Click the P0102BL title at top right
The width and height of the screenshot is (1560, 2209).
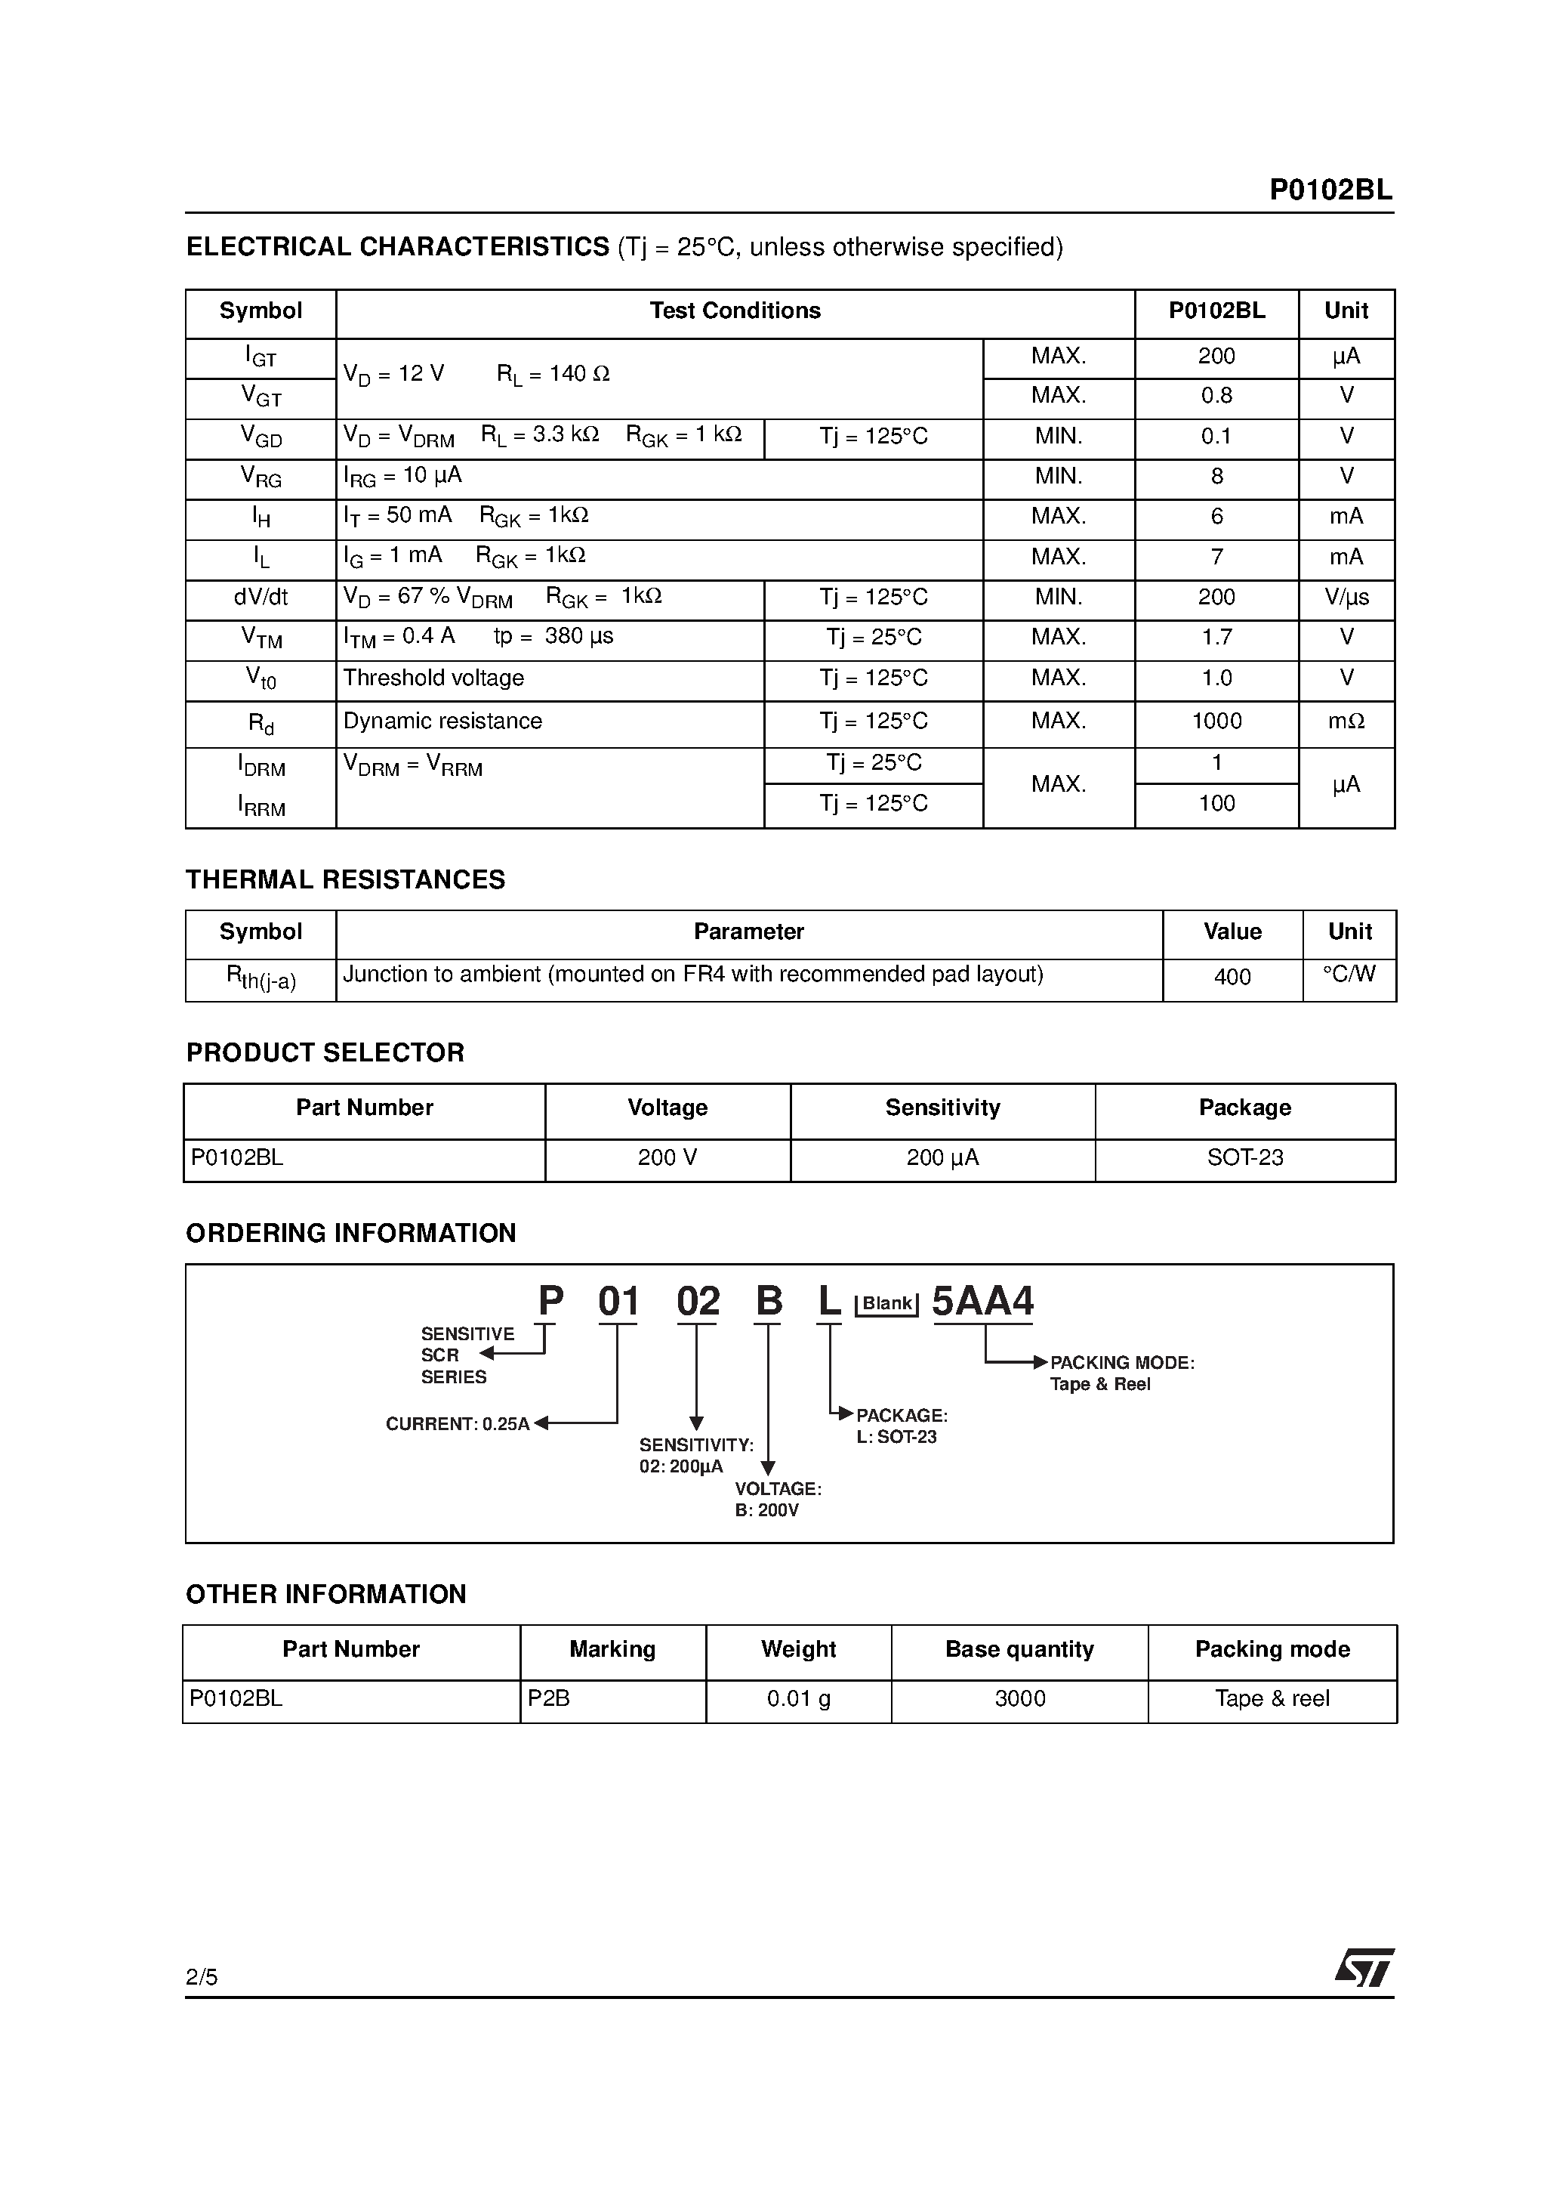1330,190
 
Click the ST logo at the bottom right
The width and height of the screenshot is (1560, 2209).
1364,1969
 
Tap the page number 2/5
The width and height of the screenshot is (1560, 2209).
202,1977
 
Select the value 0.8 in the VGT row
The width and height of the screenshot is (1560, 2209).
1216,395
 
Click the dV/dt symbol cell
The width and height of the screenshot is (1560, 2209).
261,598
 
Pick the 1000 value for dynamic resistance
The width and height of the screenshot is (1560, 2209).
1216,721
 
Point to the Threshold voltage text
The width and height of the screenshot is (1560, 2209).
433,678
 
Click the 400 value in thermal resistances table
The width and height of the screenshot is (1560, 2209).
1232,977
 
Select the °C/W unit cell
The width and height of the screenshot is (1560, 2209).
1349,974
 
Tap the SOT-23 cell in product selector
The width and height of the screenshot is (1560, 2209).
1244,1157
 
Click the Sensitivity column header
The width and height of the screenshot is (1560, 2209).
942,1108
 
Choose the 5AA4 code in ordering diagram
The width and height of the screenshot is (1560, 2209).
983,1302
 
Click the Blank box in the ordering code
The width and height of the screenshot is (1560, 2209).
886,1304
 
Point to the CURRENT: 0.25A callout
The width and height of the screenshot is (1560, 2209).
458,1424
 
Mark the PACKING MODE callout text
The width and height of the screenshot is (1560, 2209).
1121,1364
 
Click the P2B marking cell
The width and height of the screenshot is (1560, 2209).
549,1698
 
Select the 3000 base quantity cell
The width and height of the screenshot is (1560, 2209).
1019,1698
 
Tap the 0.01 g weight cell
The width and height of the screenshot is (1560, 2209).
798,1698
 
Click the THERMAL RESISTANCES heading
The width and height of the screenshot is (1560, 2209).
345,879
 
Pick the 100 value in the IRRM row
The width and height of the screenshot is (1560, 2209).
1216,803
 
